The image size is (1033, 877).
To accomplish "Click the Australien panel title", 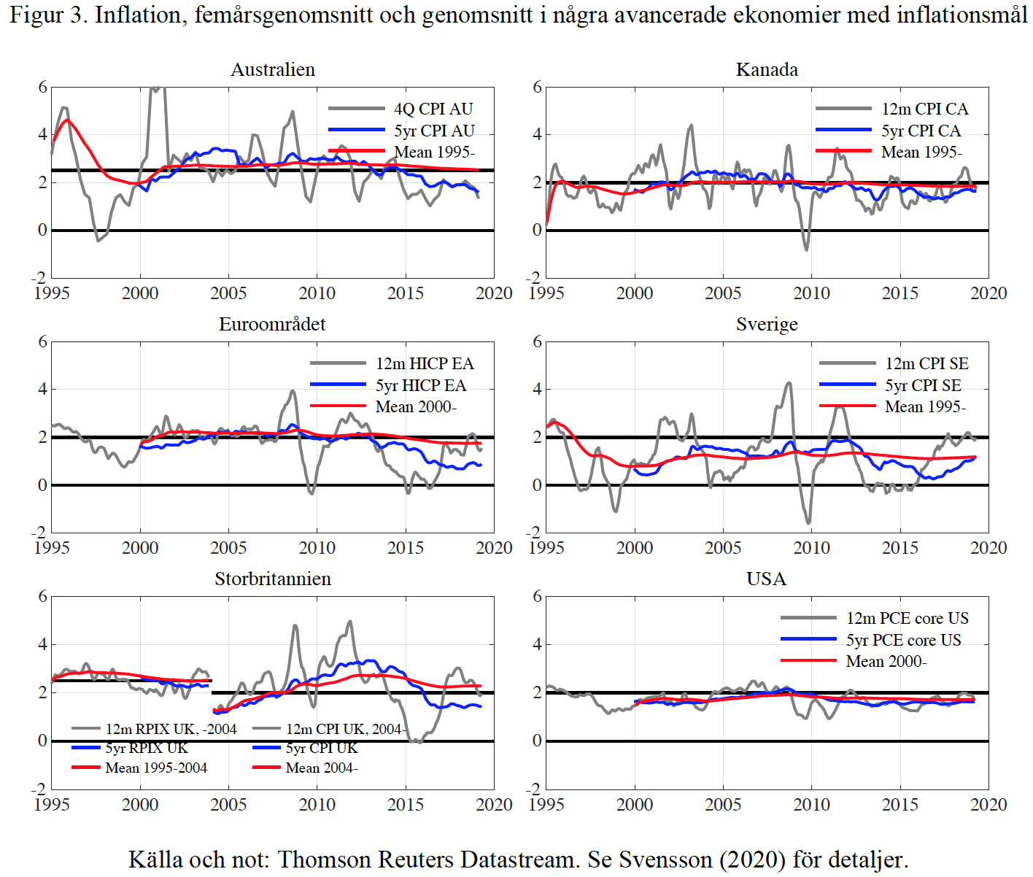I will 273,69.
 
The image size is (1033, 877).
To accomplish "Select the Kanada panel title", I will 767,69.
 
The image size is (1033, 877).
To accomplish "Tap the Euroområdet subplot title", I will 272,324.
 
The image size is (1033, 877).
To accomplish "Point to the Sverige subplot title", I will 767,324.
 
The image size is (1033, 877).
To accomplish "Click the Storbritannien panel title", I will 272,579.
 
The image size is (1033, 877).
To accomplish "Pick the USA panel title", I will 766,579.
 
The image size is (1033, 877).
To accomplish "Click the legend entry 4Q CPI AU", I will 433,109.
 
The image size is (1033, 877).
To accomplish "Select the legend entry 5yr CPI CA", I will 921,131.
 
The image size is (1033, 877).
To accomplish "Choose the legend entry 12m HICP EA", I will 425,363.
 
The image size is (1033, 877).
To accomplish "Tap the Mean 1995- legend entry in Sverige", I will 925,406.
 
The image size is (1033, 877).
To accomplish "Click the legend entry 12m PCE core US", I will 907,618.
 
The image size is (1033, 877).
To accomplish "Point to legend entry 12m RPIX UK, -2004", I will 171,729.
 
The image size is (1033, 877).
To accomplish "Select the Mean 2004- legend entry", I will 321,768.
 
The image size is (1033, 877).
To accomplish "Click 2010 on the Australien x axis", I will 317,293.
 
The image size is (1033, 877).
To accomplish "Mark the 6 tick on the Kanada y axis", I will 538,87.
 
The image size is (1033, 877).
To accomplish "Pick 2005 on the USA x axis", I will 723,804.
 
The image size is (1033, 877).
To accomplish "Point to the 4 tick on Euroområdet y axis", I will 43,389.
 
